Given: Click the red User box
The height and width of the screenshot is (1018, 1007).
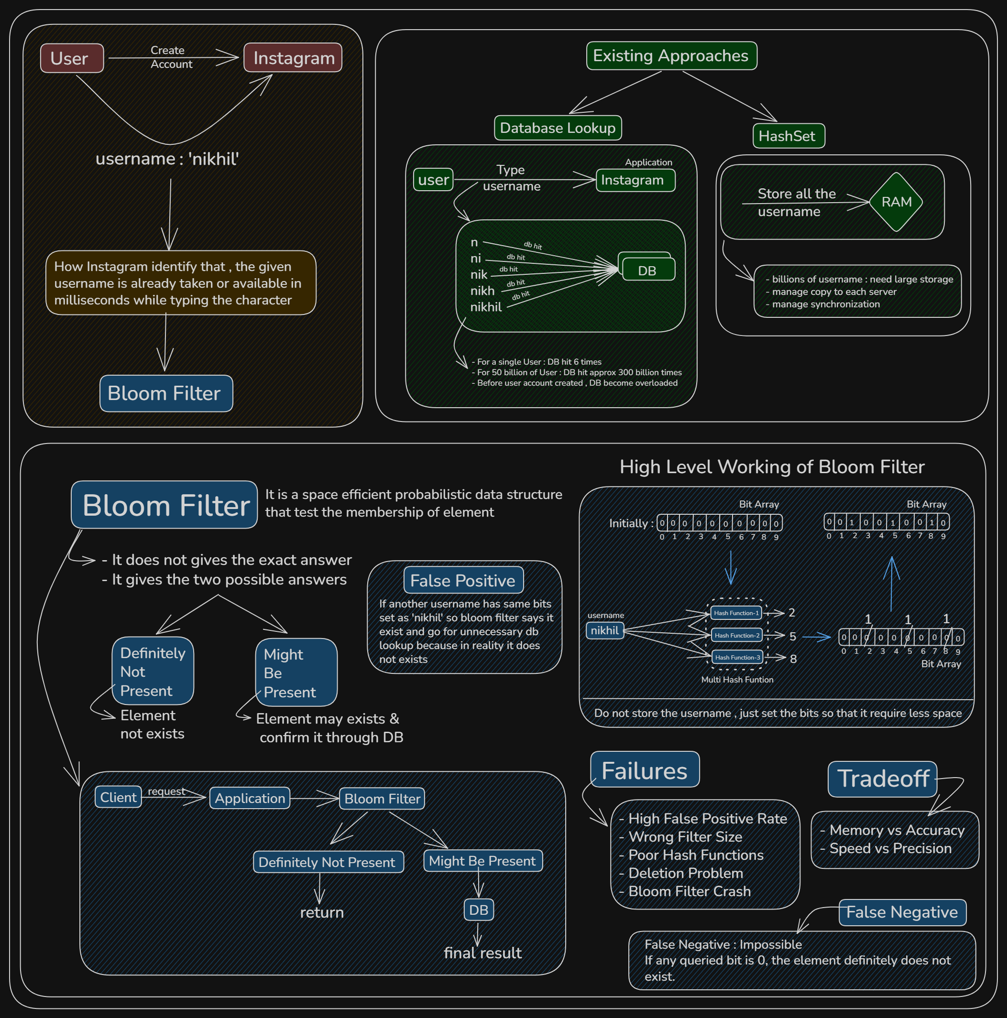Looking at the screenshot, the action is click(x=72, y=58).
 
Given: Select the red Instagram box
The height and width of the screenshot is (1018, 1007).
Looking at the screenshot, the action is click(x=293, y=57).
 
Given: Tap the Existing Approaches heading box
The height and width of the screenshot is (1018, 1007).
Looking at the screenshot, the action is click(x=672, y=56).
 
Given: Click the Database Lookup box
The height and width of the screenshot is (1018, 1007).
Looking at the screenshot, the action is click(x=558, y=128).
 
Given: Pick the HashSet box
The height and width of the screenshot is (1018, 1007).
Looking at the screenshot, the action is click(x=789, y=136).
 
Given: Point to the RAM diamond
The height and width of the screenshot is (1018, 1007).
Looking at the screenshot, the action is click(x=896, y=202).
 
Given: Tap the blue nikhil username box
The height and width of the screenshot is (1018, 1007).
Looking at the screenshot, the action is click(x=605, y=630).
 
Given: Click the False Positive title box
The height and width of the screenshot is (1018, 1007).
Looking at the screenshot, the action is click(x=463, y=580).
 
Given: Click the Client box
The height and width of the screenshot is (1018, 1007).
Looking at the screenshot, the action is click(x=118, y=797).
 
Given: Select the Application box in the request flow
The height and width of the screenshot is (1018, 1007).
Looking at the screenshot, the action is click(x=250, y=798).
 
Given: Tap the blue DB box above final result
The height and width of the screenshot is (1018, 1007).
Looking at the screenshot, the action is click(x=479, y=910).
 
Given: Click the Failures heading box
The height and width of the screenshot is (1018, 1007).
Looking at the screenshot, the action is click(x=645, y=770).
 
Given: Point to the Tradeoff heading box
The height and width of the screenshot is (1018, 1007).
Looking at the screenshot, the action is click(x=883, y=779).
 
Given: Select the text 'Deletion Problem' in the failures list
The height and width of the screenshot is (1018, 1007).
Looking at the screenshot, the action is click(x=686, y=873).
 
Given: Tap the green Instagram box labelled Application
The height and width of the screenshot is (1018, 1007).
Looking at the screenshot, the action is click(x=636, y=180).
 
